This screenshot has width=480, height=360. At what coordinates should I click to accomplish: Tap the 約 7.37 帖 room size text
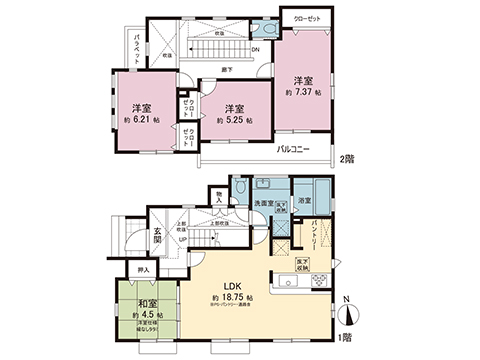(x=303, y=91)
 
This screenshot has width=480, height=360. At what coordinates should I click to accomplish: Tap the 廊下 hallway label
(x=228, y=69)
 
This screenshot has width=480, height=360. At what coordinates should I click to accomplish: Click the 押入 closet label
(x=142, y=270)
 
